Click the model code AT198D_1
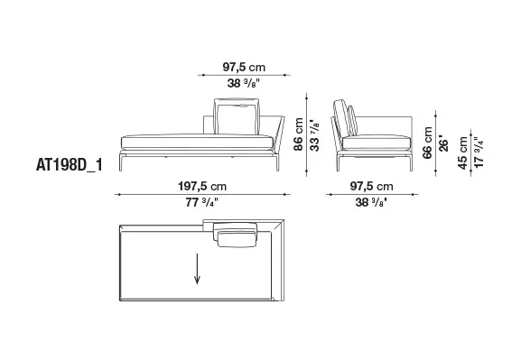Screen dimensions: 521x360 (70, 165)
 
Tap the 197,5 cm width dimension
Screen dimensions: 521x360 (202, 186)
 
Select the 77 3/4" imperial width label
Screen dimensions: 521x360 (202, 202)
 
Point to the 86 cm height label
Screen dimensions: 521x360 (298, 134)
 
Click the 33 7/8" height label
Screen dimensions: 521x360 (314, 135)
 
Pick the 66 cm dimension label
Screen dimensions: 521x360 (427, 143)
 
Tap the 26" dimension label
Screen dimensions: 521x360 (443, 143)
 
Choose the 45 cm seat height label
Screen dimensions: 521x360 (462, 152)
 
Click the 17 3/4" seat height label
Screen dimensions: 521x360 (479, 152)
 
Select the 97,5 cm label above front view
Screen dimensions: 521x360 (244, 67)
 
